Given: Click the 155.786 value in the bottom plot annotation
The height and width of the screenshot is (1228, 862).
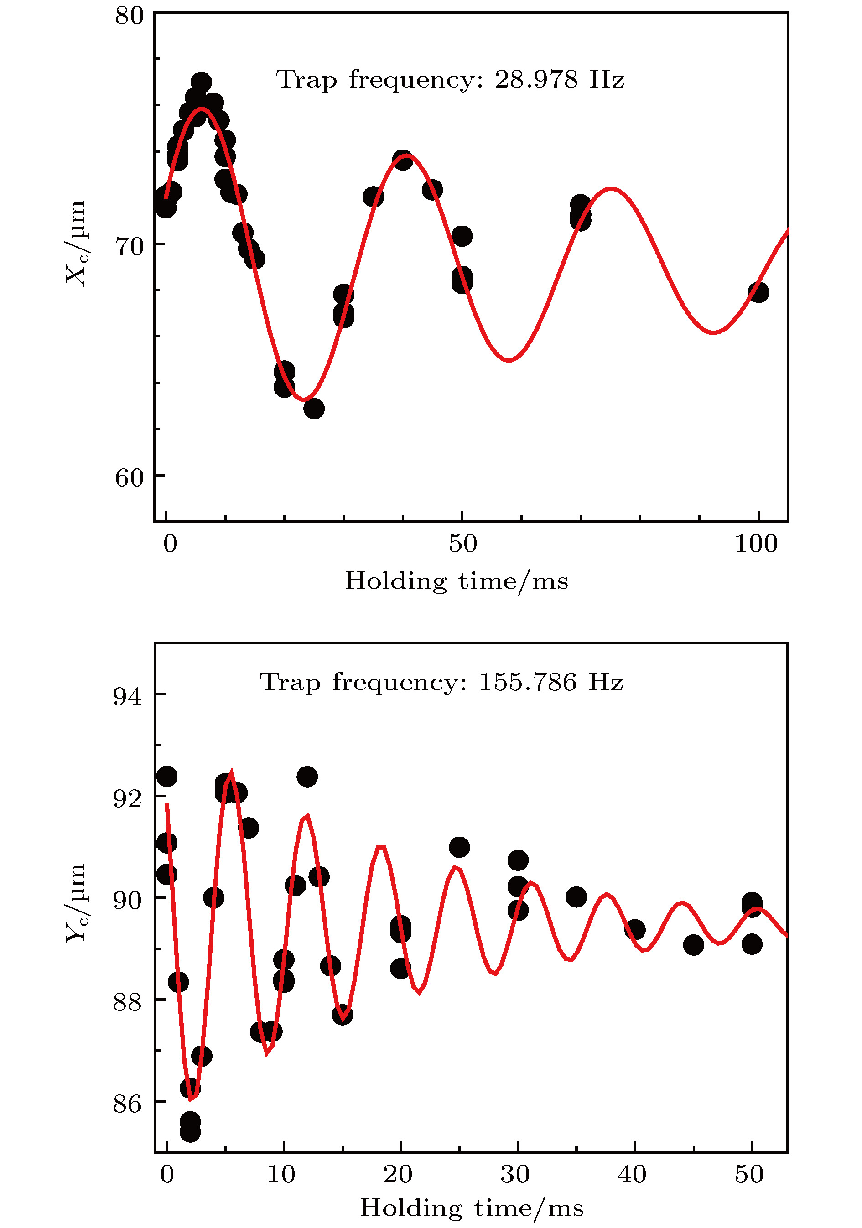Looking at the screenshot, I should tap(527, 683).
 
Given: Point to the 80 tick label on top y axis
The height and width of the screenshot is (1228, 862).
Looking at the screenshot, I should tap(130, 16).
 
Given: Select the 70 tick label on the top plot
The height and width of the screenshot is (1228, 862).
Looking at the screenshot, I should tap(130, 247).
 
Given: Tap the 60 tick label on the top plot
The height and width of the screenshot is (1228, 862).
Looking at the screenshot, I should tap(130, 477).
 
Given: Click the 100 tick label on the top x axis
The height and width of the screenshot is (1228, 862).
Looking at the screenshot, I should tap(756, 544).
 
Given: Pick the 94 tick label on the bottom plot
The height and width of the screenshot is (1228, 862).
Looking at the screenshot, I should tap(127, 696).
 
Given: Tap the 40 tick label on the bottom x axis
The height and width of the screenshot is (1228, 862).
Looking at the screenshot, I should tap(632, 1175).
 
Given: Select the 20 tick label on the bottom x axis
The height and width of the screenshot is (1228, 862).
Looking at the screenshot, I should tap(398, 1175).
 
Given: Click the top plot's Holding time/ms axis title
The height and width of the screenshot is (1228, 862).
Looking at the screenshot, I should tap(457, 581).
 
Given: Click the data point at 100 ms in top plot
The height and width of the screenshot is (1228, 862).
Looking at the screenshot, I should tap(758, 292).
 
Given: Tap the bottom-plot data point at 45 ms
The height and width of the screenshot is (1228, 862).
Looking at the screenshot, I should tap(693, 945).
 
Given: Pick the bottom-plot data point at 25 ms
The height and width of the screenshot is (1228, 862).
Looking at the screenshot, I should tap(459, 847).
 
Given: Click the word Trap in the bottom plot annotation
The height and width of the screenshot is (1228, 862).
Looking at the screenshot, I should tap(290, 683).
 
